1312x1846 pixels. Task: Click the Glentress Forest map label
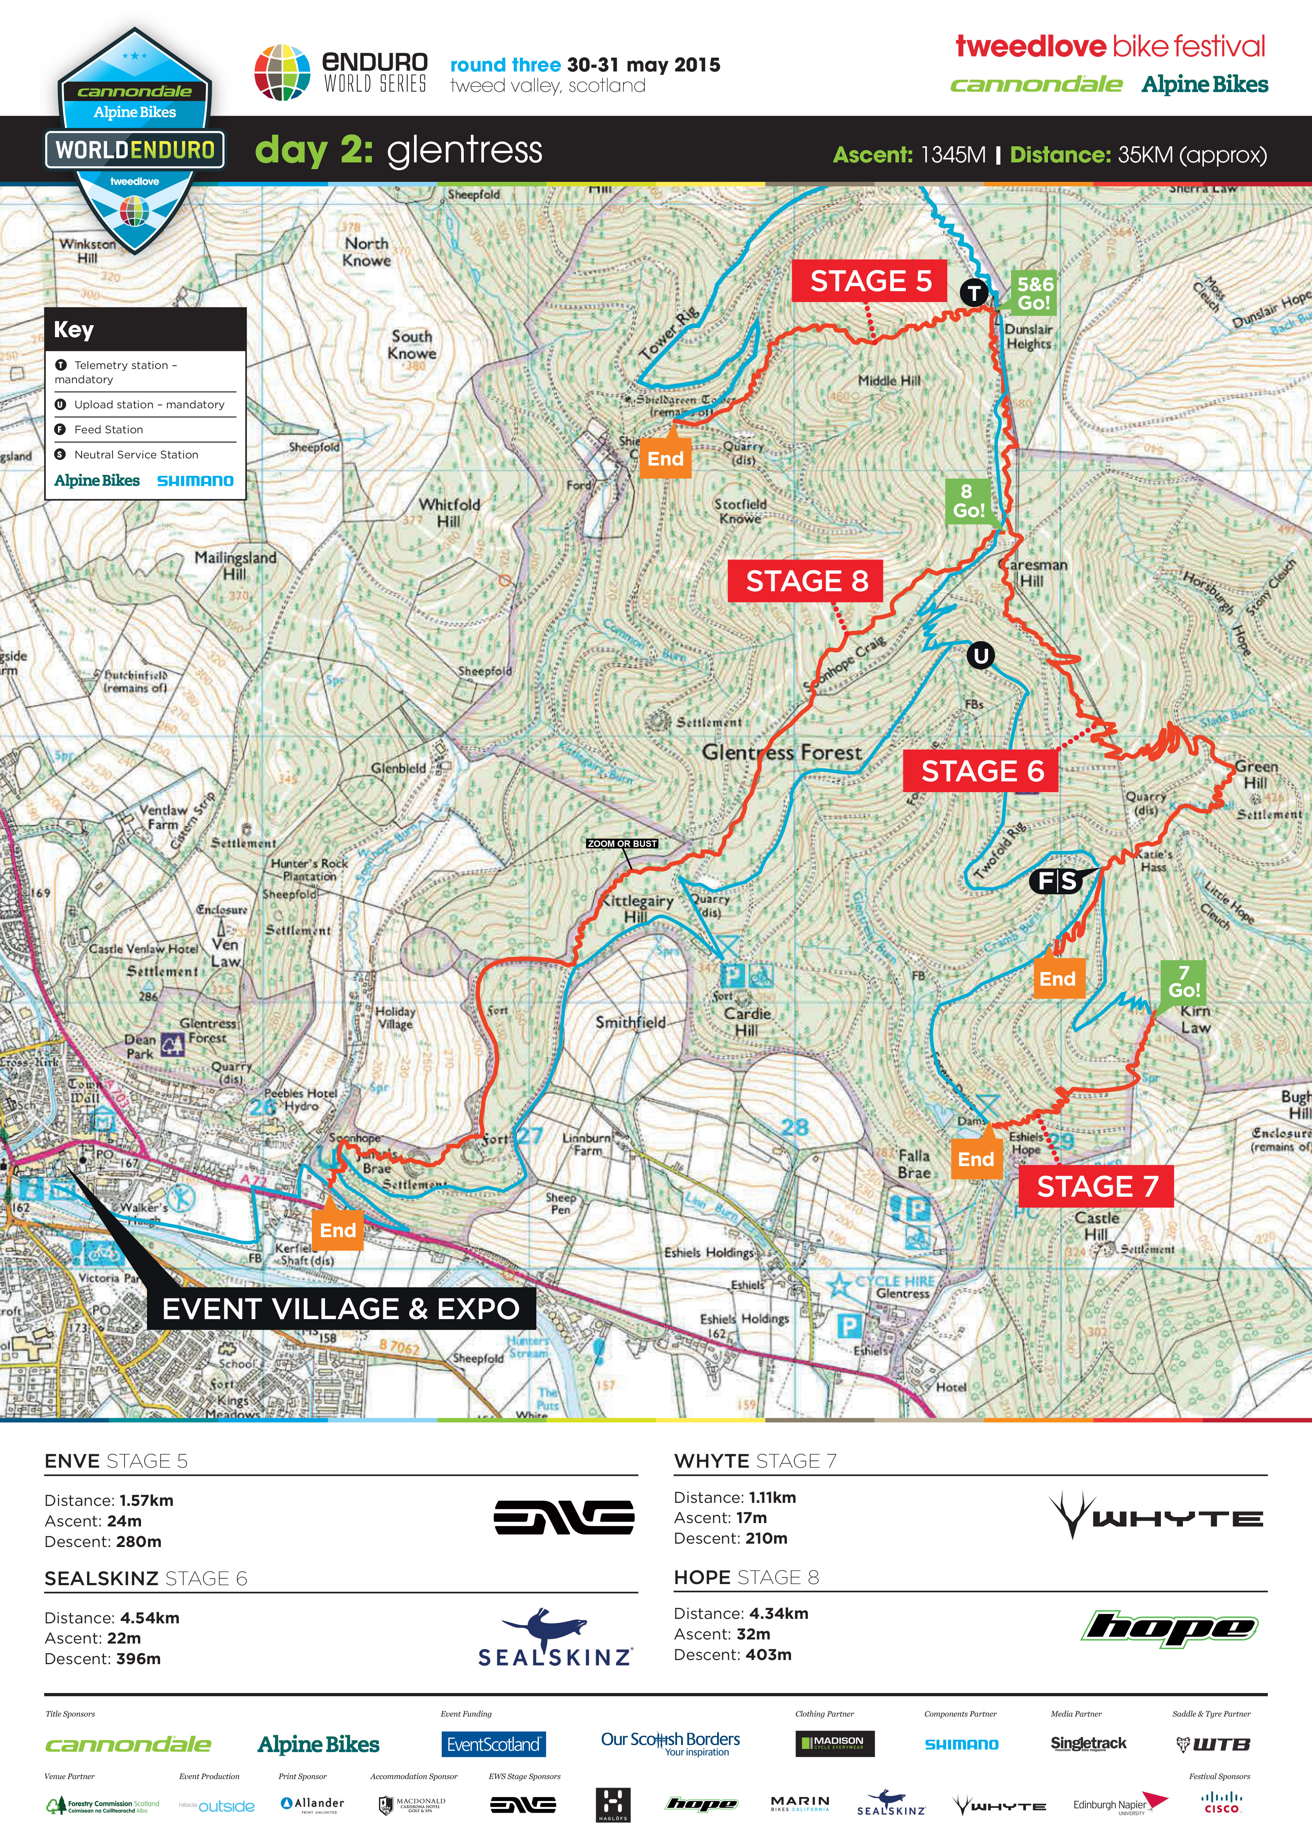[781, 753]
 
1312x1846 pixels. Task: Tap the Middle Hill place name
[889, 381]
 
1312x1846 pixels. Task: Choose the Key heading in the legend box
[74, 330]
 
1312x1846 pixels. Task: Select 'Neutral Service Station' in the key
[136, 454]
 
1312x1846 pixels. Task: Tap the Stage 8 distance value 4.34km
[778, 1613]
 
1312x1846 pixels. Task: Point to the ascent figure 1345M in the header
[953, 155]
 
